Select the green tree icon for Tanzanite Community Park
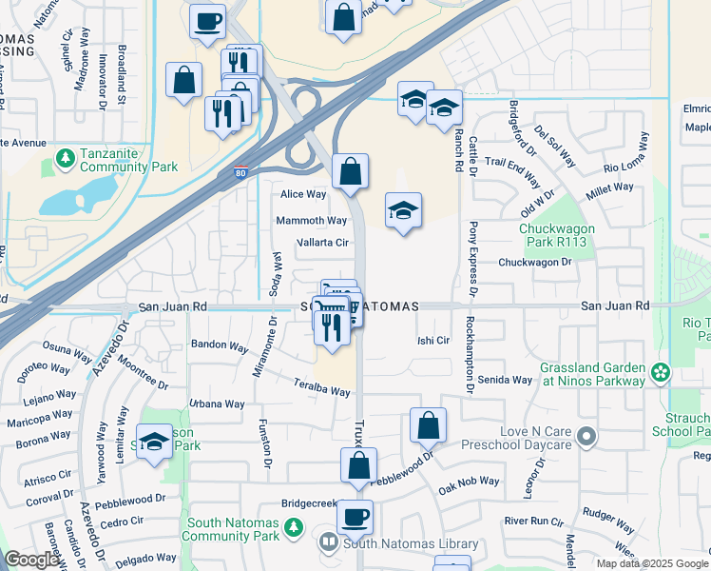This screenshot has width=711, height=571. tap(66, 156)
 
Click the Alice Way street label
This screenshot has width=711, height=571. tap(303, 194)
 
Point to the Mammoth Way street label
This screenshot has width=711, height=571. tap(311, 221)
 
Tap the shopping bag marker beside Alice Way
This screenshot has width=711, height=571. tap(351, 172)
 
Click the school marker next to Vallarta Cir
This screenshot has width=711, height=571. tap(404, 211)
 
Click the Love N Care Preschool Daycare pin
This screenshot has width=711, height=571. tap(586, 437)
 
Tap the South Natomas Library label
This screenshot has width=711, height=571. tap(410, 543)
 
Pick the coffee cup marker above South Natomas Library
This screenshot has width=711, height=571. tap(355, 518)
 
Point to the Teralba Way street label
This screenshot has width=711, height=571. tap(322, 391)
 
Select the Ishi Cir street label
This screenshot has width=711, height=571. tap(433, 340)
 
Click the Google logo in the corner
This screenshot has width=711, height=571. tap(32, 560)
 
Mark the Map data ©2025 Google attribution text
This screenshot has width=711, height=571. tap(651, 563)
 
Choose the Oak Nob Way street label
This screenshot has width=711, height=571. tap(469, 482)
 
